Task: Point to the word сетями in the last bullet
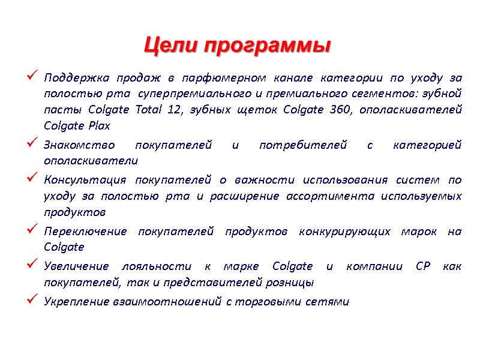pyautogui.click(x=332, y=301)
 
